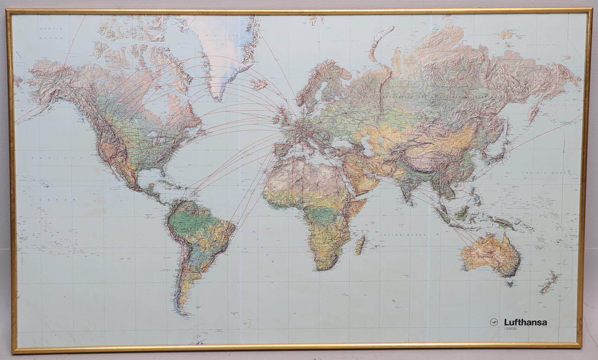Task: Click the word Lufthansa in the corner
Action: (525, 322)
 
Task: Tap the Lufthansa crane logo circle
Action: (494, 322)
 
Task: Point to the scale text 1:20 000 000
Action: (510, 329)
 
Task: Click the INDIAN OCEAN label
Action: (396, 235)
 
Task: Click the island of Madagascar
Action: (359, 245)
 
